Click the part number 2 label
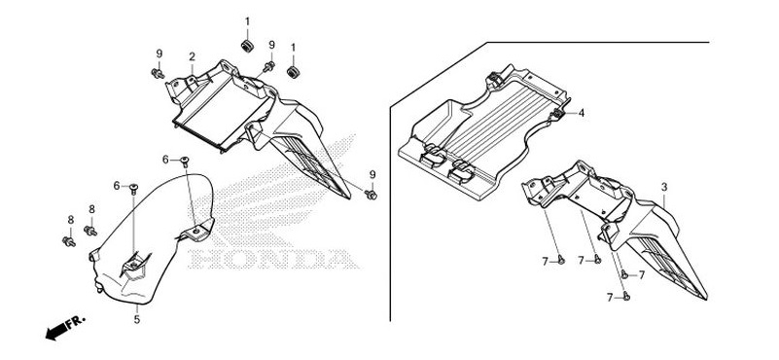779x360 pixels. point(193,56)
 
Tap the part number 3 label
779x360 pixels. point(663,186)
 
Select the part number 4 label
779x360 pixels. point(582,114)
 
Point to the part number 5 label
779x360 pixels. point(137,319)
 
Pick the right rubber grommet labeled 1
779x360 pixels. point(292,73)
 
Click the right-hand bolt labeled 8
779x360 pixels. point(91,230)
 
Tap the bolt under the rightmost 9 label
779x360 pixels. point(372,195)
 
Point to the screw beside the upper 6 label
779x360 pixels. point(185,160)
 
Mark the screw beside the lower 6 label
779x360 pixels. point(135,186)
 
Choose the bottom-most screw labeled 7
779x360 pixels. point(627,296)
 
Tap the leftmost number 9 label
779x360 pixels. point(159,53)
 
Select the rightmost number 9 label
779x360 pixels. point(372,174)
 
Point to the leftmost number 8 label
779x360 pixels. point(70,219)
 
